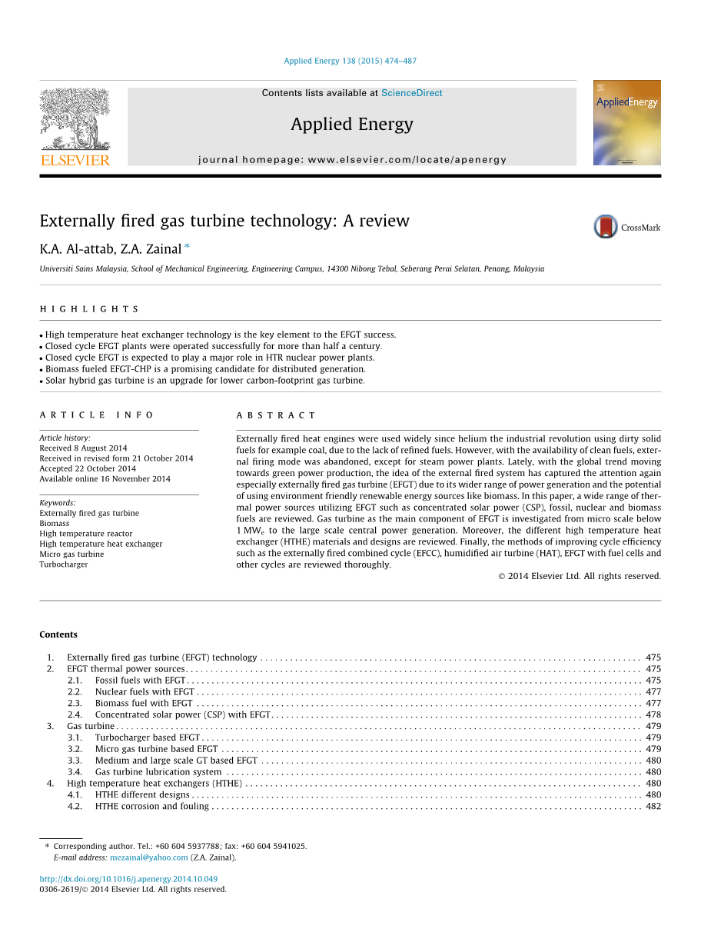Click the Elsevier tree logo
(75, 120)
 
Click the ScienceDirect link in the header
(411, 93)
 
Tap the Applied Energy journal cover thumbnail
(626, 122)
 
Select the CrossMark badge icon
(606, 227)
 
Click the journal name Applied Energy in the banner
(351, 125)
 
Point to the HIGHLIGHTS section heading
(89, 309)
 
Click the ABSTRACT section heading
(276, 415)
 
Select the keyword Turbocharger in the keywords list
(64, 564)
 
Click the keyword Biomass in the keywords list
(55, 523)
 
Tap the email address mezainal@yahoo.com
(148, 857)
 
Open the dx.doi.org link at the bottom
(128, 879)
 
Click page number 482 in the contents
(653, 806)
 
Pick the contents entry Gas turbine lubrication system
(158, 772)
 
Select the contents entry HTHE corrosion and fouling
(151, 806)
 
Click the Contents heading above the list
(58, 634)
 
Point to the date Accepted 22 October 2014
(88, 468)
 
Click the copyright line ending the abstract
(580, 576)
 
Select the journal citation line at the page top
(350, 61)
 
